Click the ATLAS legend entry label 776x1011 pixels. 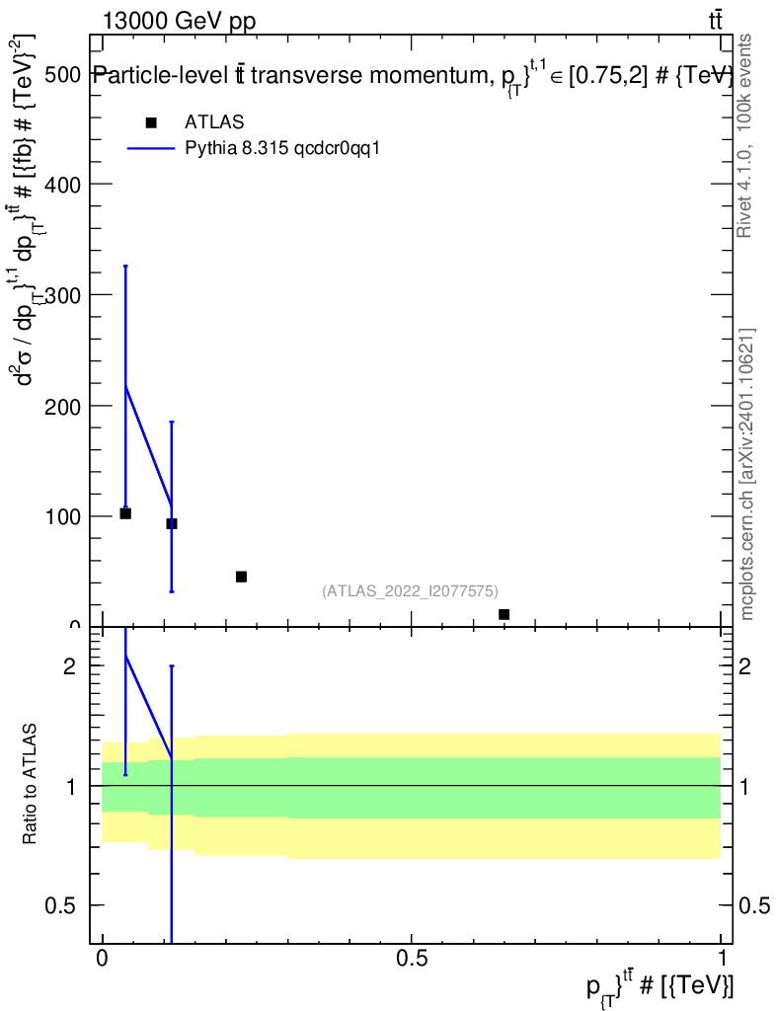tap(213, 121)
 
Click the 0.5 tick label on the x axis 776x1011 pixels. tap(412, 959)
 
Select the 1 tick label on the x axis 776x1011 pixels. tap(722, 959)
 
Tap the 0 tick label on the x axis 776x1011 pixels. tap(102, 959)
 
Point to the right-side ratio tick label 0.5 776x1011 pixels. tap(755, 905)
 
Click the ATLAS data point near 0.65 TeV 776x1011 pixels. tap(504, 614)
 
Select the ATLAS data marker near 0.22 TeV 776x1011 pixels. tap(241, 577)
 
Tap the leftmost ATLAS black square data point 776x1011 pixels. tap(125, 513)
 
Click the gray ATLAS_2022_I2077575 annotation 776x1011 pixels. tap(410, 590)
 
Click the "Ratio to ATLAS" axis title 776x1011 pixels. tap(30, 784)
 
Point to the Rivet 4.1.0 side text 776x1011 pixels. tap(745, 135)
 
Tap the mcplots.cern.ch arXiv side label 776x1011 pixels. tap(747, 474)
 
